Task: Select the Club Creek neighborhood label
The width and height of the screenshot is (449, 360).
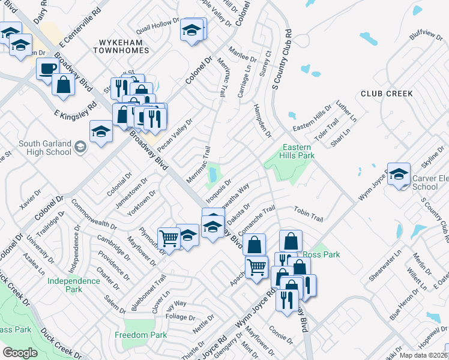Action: (x=387, y=94)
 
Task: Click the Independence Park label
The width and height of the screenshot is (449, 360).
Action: (x=73, y=285)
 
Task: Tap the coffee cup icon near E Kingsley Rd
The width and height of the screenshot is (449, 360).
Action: (x=47, y=68)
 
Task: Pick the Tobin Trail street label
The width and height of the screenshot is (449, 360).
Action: (x=309, y=211)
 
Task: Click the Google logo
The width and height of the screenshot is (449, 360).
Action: (x=20, y=353)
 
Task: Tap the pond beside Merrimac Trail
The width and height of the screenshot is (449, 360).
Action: (x=212, y=175)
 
